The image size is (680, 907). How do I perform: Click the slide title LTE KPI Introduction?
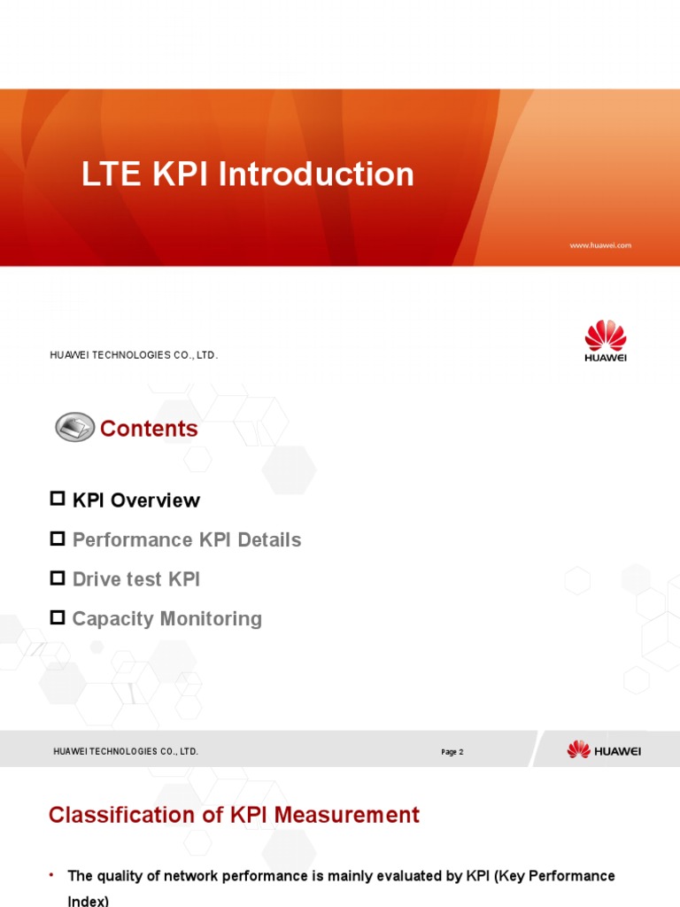(x=248, y=174)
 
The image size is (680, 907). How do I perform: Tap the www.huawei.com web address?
(x=600, y=245)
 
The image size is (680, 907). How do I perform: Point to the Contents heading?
(x=149, y=429)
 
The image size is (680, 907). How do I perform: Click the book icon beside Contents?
(x=74, y=428)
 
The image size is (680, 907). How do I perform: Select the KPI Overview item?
(x=135, y=500)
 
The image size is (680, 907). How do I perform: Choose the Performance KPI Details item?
(x=186, y=539)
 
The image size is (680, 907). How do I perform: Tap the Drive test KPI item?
(x=135, y=579)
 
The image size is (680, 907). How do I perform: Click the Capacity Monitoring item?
(x=166, y=618)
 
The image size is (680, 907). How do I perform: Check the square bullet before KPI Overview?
(x=58, y=500)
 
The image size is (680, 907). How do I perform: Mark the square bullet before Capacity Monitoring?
(x=58, y=617)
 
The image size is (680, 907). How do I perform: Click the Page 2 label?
(x=452, y=752)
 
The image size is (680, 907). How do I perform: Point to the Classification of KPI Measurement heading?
(x=234, y=815)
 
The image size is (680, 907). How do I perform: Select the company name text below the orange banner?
(x=133, y=355)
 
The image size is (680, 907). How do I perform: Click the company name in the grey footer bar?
(x=126, y=751)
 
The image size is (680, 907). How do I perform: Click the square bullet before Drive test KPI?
(x=58, y=578)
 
